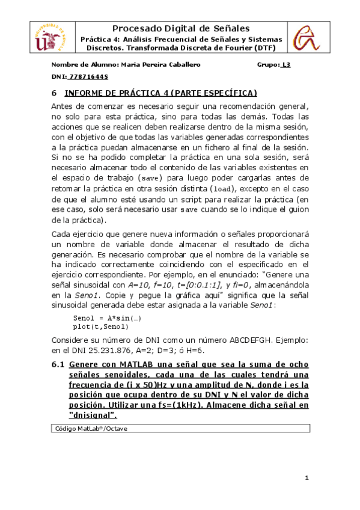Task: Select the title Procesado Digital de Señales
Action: coord(180,28)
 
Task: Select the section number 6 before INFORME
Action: coord(54,93)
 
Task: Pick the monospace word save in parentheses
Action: coord(149,179)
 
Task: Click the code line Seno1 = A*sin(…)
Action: coord(99,318)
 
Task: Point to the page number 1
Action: coord(306,478)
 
